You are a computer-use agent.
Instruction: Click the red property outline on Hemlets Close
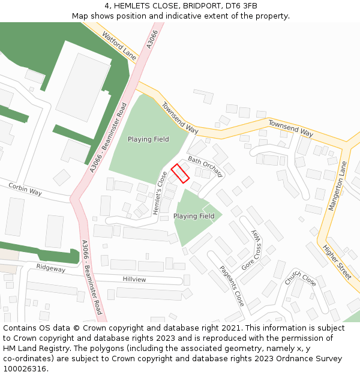180,173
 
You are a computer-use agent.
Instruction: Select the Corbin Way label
25,190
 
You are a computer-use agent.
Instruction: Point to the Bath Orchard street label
205,166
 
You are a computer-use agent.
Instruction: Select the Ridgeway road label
50,268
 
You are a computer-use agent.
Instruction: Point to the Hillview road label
134,280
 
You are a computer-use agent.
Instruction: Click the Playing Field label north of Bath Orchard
148,139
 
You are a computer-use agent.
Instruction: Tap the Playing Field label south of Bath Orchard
194,216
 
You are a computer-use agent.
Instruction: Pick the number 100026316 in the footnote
25,368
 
